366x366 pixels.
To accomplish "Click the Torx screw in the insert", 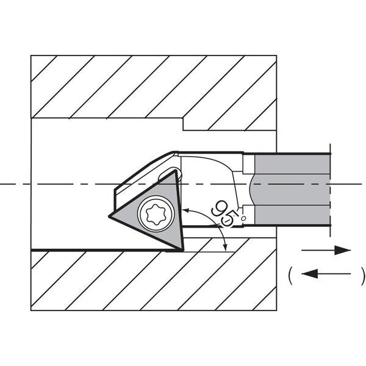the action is click(x=156, y=214).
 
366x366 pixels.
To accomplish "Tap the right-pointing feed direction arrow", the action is click(x=326, y=250).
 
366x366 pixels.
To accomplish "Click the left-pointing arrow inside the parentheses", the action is click(x=326, y=273).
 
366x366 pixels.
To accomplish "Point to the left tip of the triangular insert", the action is click(x=109, y=217).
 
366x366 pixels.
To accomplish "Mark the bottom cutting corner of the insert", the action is click(x=182, y=250).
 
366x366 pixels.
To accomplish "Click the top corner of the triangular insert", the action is click(x=175, y=171).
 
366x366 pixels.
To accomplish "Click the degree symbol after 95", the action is click(x=243, y=218).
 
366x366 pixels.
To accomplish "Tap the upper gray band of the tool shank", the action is click(x=293, y=164).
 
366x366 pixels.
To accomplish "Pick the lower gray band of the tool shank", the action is click(x=293, y=215).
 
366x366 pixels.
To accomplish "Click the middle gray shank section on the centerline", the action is click(x=290, y=190).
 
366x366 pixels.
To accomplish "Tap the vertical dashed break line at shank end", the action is click(x=330, y=190).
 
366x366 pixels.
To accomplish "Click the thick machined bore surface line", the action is click(x=107, y=251).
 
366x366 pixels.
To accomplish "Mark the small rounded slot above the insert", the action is click(x=170, y=174).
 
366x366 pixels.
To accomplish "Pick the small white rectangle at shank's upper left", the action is click(x=249, y=164).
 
